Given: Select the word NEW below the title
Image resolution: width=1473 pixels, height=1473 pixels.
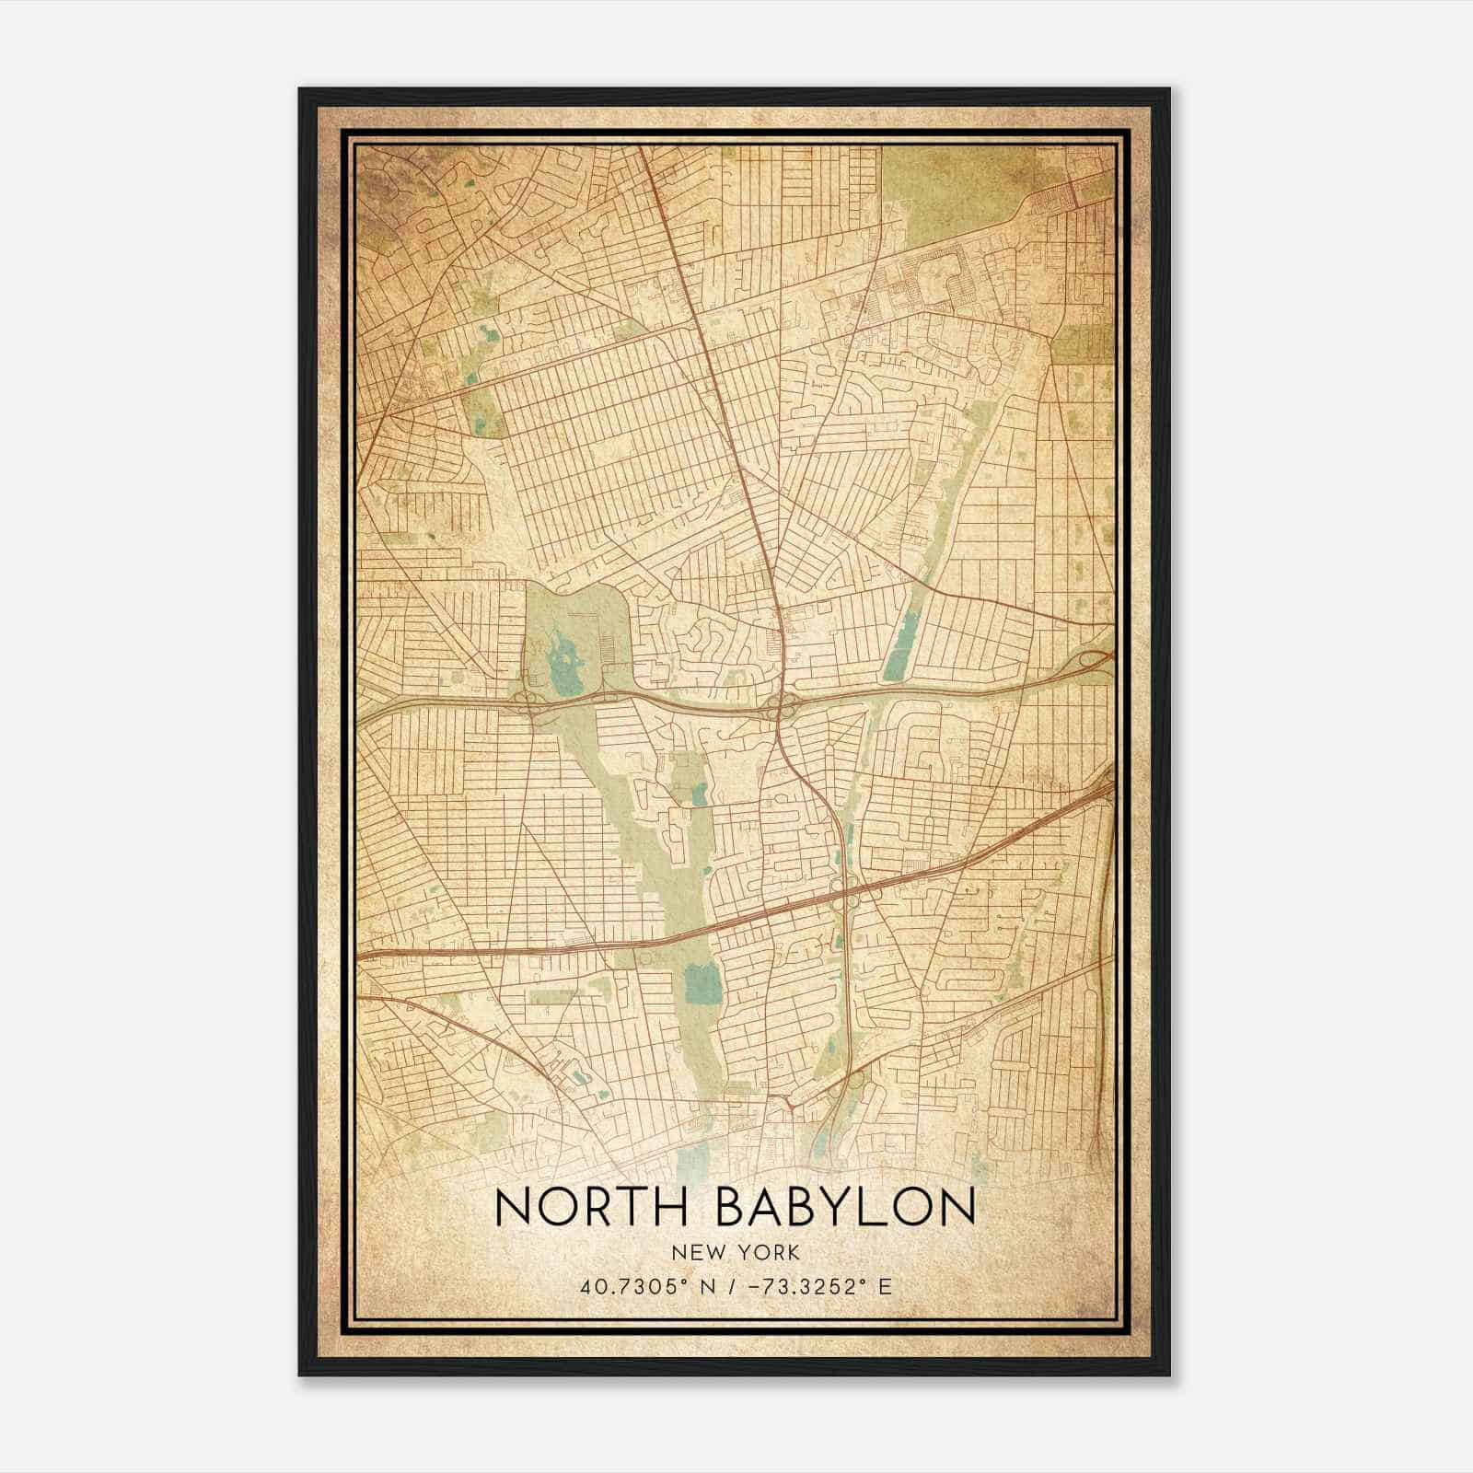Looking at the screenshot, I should (x=696, y=1252).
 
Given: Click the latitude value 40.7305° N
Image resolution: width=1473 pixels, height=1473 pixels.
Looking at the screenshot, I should (x=641, y=1287).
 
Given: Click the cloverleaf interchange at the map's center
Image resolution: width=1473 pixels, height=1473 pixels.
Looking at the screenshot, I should (x=780, y=707).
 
